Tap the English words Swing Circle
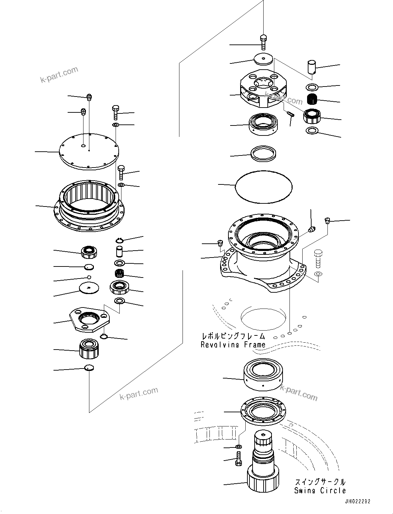coord(320,491)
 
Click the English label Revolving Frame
coord(233,344)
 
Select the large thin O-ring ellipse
coord(264,187)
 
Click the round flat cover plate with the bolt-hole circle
coord(89,151)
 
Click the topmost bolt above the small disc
coord(264,42)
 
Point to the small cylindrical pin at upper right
coord(312,67)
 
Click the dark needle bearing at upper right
coord(312,99)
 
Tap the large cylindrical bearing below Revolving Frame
coord(263,375)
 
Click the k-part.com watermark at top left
coord(59,75)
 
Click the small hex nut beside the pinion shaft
coord(239,447)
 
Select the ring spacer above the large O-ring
coord(264,153)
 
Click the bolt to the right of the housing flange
coord(318,259)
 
